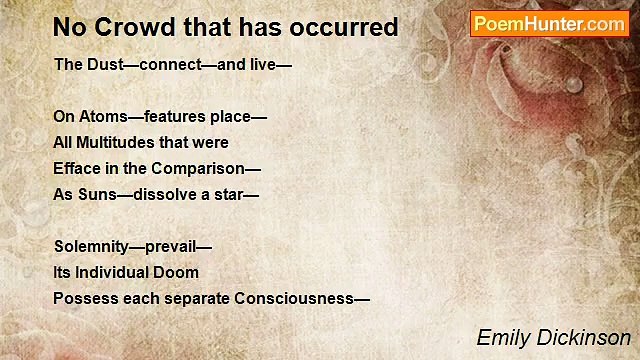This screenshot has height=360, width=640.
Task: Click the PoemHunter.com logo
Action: pyautogui.click(x=549, y=24)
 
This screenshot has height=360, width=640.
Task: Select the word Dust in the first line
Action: pyautogui.click(x=103, y=65)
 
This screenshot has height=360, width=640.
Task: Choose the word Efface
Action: pyautogui.click(x=76, y=168)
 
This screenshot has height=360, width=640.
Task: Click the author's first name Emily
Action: pyautogui.click(x=500, y=338)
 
